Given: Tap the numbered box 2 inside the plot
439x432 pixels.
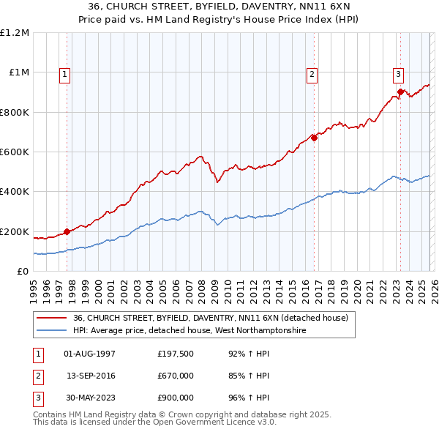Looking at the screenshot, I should (x=312, y=73).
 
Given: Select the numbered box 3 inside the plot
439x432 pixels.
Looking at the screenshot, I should (x=399, y=73).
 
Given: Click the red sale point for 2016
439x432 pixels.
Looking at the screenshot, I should (x=313, y=138).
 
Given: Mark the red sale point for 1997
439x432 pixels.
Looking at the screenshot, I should (x=67, y=231).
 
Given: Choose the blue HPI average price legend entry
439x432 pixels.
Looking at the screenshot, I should (x=190, y=330).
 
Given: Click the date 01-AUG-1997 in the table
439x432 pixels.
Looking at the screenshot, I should (x=90, y=354).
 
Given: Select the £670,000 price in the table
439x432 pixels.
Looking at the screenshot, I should (x=176, y=376).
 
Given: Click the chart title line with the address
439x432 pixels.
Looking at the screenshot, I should (x=219, y=6).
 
